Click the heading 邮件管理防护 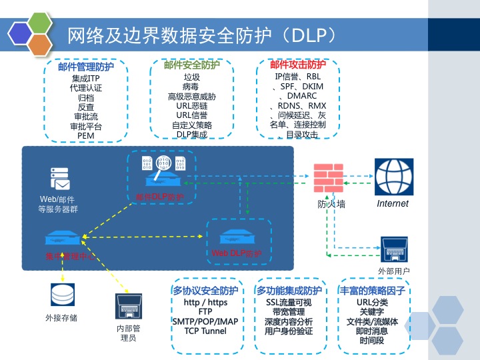point(85,66)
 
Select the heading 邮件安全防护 point(191,65)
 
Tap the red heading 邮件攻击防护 point(298,65)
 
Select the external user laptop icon point(394,250)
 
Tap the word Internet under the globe point(393,203)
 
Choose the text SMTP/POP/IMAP point(205,321)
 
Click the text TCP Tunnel point(205,331)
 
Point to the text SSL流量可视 point(289,303)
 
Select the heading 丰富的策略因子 point(374,291)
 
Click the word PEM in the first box point(85,135)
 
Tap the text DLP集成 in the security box point(191,134)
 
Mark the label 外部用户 point(394,271)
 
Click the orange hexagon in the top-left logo point(41,45)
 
